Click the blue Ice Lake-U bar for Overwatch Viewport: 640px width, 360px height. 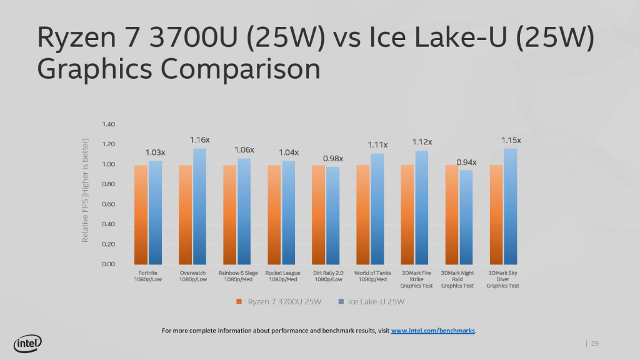(199, 206)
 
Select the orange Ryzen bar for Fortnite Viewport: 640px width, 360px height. (141, 214)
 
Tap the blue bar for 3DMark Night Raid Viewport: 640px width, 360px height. (466, 217)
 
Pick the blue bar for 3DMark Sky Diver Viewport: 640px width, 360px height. (511, 206)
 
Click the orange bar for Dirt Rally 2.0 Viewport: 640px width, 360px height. (318, 214)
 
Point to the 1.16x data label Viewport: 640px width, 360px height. (200, 140)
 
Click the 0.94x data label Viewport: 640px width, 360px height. (466, 162)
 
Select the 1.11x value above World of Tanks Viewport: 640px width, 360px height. (377, 144)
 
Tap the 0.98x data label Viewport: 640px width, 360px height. (333, 158)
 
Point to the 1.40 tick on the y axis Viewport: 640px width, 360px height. (107, 124)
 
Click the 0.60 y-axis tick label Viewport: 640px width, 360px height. (107, 204)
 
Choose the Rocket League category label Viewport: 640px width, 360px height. (283, 276)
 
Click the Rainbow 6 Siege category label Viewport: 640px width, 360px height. (238, 276)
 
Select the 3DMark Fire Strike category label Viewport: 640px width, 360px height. (417, 279)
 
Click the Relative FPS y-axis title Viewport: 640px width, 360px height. (86, 191)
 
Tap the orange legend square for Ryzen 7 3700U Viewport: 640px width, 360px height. (239, 302)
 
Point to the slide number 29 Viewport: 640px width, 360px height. (594, 343)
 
